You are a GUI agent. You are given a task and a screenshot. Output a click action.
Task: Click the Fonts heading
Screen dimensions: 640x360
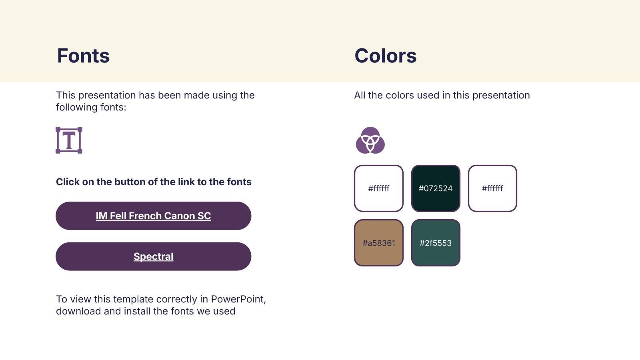(x=83, y=56)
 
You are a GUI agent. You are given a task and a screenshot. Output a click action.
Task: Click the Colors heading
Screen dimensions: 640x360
(x=386, y=56)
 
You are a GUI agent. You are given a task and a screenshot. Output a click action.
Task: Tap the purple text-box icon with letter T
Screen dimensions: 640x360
(x=69, y=140)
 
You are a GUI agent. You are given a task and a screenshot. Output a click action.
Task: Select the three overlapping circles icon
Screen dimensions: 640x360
(x=370, y=140)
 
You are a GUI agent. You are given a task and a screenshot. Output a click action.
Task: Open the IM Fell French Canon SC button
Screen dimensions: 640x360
(x=154, y=216)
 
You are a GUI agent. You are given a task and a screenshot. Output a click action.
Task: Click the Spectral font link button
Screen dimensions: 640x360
(x=154, y=256)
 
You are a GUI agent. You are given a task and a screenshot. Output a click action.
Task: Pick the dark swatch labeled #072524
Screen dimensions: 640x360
(x=436, y=188)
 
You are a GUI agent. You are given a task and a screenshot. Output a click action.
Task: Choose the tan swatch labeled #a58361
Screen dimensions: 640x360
(x=379, y=243)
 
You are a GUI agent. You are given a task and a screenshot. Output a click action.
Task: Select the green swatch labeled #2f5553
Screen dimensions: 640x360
(x=436, y=243)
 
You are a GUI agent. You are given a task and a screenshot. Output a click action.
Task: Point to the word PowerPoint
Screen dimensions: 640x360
(x=238, y=299)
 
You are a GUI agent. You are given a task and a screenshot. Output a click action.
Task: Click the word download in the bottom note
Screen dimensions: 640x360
(x=78, y=311)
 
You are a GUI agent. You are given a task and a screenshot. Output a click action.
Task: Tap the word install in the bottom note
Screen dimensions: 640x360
(x=137, y=311)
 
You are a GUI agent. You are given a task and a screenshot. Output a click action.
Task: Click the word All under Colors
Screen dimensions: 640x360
(x=360, y=95)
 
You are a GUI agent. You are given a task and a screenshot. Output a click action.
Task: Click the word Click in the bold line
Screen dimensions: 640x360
(x=68, y=182)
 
